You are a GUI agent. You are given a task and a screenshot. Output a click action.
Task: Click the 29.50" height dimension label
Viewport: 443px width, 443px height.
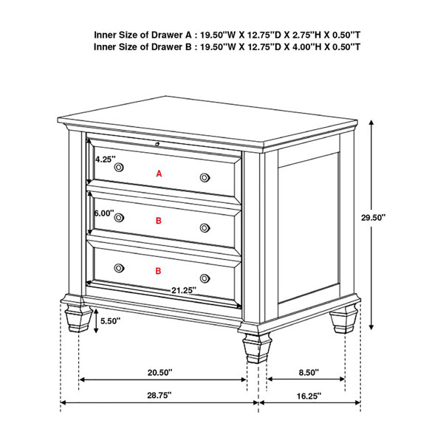[x=373, y=218]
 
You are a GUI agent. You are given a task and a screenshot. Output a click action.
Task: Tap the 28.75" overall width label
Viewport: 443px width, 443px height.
[x=159, y=395]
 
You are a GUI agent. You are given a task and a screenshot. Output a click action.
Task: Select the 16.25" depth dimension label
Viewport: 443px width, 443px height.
[x=309, y=396]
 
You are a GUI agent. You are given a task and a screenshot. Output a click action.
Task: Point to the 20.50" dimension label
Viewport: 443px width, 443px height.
[x=159, y=372]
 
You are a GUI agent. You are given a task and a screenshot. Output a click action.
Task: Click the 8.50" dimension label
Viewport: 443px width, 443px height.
[x=309, y=372]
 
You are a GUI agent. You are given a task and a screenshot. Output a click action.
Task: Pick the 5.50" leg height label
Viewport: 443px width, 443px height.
[x=111, y=321]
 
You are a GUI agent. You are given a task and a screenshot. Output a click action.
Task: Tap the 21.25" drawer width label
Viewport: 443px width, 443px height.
[x=184, y=290]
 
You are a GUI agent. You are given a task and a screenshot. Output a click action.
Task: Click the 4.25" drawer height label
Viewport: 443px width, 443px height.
[x=105, y=159]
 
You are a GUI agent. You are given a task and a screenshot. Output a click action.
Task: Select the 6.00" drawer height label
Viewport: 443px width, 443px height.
[x=104, y=213]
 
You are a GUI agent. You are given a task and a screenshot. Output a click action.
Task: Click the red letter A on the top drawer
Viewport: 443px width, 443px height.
[x=159, y=174]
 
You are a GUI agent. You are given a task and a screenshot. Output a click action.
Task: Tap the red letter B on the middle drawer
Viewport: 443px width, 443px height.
[x=159, y=221]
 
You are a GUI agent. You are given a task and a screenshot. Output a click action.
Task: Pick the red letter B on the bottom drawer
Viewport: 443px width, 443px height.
[x=158, y=271]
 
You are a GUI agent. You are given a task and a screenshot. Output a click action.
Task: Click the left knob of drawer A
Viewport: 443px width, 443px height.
[x=119, y=168]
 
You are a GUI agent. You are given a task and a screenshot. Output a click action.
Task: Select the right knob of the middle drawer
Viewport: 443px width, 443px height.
[x=205, y=228]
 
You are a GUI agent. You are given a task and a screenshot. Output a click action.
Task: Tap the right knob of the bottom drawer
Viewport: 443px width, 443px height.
[x=205, y=278]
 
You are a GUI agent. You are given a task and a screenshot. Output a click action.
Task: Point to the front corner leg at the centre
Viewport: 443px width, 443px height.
[x=257, y=347]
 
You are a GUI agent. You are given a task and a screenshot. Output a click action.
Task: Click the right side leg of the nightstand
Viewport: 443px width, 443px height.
[x=344, y=318]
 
